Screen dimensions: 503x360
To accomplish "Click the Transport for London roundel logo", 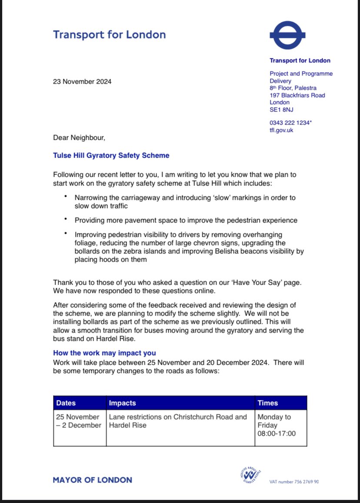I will (287, 35).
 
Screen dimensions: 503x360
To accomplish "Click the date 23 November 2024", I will (82, 81).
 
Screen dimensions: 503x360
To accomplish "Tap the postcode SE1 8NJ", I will (281, 110).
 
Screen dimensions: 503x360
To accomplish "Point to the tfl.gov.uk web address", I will (281, 130).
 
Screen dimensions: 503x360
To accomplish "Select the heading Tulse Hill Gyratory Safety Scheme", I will (111, 155).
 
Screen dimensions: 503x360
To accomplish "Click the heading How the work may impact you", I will (104, 353).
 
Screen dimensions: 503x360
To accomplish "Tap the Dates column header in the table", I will (66, 403).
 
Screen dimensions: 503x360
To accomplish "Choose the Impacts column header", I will (123, 403).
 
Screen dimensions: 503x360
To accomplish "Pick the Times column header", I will (268, 403).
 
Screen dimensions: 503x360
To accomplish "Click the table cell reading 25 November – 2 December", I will (79, 421).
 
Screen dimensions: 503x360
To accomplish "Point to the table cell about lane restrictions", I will (178, 421).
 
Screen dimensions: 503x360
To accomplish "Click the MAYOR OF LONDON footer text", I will (93, 480).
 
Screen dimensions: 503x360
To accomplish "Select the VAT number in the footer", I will (294, 482).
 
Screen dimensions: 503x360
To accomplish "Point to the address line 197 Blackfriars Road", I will (297, 95).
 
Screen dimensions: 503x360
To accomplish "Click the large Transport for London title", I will (109, 34).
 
